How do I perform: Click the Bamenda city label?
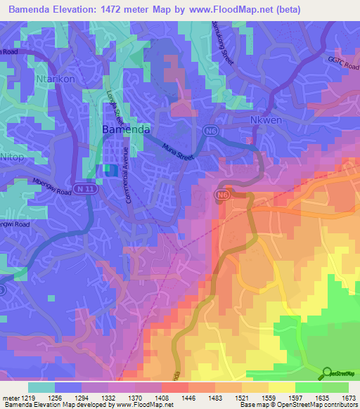125,130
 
